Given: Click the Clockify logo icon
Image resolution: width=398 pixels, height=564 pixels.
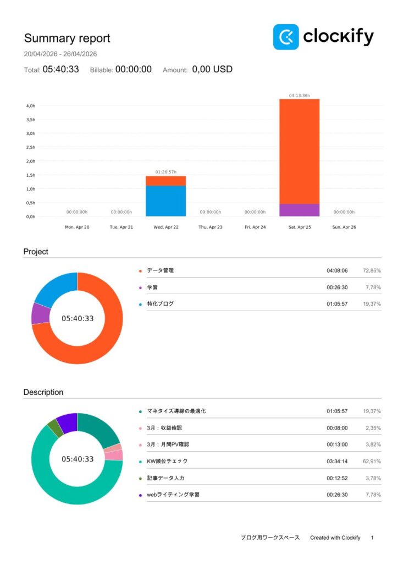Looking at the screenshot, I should tap(286, 37).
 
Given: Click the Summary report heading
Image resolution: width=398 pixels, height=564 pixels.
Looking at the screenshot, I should tap(67, 39).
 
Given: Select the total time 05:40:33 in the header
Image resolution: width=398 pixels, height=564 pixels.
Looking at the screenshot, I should tap(60, 69).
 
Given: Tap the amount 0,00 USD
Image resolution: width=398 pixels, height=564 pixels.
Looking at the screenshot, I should tap(212, 69).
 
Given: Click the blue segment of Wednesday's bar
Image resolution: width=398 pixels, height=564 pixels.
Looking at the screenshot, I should tap(165, 201).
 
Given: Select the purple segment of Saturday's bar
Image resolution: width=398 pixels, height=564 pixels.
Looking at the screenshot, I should tap(300, 210).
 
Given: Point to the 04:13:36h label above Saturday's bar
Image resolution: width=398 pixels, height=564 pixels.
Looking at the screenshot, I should tap(300, 95).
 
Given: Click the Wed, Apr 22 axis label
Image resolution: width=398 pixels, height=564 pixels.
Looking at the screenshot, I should tap(165, 227).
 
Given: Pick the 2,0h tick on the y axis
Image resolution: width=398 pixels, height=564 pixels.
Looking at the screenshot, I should tap(31, 161).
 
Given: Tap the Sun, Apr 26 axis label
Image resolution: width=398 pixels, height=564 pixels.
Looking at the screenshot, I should tap(344, 227).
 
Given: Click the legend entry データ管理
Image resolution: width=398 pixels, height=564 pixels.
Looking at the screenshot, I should tap(161, 270).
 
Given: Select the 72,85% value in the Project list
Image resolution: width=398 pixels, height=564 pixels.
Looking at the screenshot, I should tap(372, 270).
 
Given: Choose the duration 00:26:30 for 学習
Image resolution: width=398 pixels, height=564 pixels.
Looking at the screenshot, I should tap(337, 287).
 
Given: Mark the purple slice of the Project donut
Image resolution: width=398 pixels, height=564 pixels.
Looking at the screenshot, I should tap(40, 313).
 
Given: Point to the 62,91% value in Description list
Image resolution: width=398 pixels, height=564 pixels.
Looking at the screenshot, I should tap(372, 461).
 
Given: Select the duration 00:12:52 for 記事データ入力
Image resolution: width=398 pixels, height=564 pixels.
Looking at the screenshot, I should tap(337, 478).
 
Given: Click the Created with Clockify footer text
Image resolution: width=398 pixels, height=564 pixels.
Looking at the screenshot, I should tap(335, 538).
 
